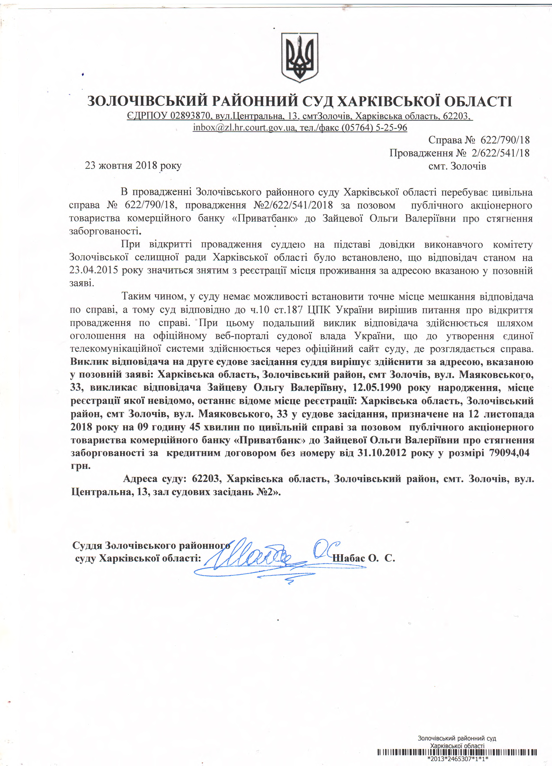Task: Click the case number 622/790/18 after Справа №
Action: tap(505, 140)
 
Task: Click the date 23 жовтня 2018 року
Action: tap(133, 165)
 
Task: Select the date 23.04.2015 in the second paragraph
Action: tap(94, 271)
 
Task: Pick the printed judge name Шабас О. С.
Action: tap(364, 558)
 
